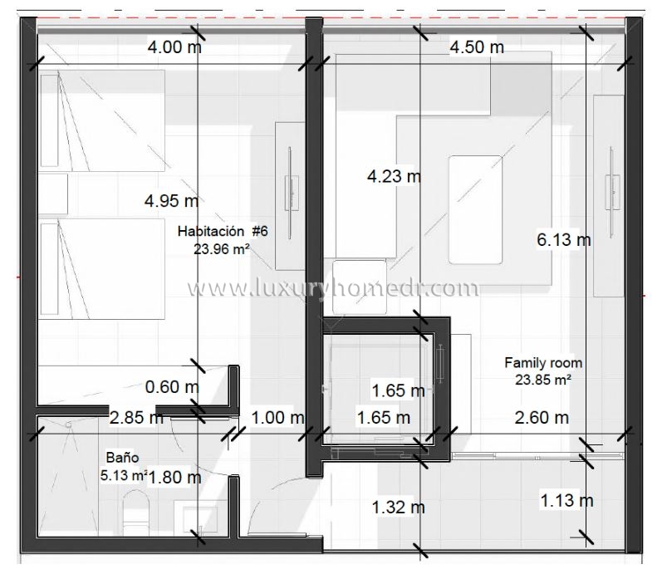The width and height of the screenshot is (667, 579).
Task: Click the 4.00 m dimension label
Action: point(174,47)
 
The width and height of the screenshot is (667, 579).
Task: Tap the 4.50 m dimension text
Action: point(477,47)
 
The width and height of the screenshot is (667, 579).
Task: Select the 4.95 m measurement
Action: point(171,201)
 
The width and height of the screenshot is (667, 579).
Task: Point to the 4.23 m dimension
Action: point(394,176)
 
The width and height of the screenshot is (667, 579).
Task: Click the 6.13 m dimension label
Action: point(564,240)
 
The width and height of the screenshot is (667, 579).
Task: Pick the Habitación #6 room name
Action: point(223,231)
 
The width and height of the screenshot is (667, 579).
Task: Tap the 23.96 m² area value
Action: point(221,249)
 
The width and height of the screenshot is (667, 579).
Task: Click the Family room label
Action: point(543,363)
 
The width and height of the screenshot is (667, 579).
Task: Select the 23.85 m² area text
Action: point(543,380)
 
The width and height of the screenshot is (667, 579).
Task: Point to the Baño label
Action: point(122,458)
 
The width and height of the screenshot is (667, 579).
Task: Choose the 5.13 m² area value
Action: point(125,475)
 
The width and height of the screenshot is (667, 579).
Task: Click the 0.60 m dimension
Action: point(172,387)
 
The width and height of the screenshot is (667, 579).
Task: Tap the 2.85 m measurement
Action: point(136,418)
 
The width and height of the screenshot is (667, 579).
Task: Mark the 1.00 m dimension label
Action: point(277,418)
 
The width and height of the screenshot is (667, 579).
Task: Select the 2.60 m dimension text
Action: point(542,418)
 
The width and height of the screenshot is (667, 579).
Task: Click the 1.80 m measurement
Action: point(174,478)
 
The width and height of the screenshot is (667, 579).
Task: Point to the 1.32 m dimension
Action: point(398,507)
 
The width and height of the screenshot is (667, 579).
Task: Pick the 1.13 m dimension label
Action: point(566,500)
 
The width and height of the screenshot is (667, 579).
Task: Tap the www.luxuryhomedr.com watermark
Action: point(333,288)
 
